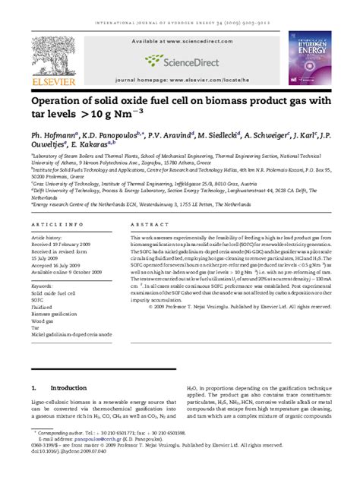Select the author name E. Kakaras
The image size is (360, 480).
(90, 142)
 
